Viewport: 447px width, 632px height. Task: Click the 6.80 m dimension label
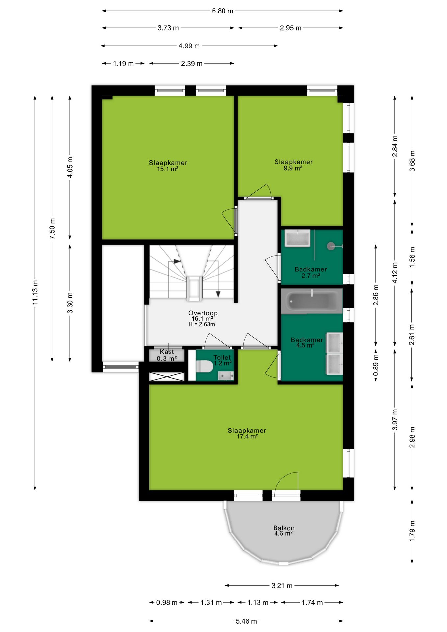[223, 11]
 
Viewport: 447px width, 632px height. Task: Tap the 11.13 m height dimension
[35, 292]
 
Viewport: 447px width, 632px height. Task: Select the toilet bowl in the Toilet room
[204, 366]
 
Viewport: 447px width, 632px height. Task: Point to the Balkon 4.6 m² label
[284, 530]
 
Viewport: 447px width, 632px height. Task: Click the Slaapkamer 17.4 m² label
[247, 433]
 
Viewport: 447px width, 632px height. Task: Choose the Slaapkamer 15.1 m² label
[168, 166]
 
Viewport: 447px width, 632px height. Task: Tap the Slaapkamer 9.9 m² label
[294, 165]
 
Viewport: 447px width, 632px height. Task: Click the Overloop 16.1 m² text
[203, 316]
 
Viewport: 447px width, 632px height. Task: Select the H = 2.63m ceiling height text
[202, 324]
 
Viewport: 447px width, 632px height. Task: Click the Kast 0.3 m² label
[167, 355]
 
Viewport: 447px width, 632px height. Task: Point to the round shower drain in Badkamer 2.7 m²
[331, 246]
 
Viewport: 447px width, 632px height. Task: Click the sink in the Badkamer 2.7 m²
[298, 238]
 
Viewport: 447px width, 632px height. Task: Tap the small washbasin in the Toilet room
[226, 375]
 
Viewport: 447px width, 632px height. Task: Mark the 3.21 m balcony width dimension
[282, 586]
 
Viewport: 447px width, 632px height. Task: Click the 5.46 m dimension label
[246, 621]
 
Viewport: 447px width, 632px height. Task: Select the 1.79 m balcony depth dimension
[412, 531]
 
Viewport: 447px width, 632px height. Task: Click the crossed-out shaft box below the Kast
[167, 377]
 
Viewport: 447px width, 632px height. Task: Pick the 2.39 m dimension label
[192, 63]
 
